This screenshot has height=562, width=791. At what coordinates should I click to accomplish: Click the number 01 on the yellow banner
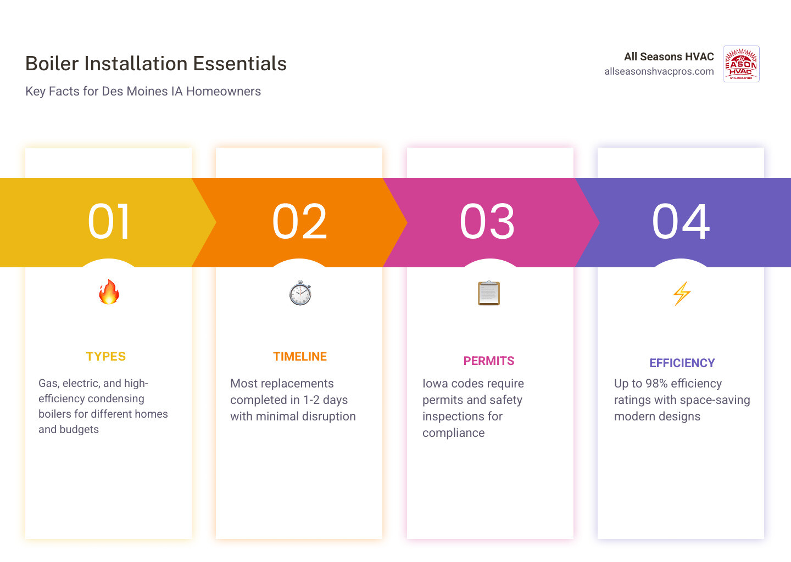[x=109, y=222]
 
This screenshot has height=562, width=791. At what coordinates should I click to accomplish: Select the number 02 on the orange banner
[x=299, y=222]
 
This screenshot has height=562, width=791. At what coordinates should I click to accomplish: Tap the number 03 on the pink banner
[x=487, y=222]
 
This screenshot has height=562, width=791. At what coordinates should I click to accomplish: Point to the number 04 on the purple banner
[x=681, y=222]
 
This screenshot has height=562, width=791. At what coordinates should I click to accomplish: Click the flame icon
[x=109, y=292]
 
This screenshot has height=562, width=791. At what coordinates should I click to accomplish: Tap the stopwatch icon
[x=300, y=293]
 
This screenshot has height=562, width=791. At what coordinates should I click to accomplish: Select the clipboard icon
[x=489, y=293]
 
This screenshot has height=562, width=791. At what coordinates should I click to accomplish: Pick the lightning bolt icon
[x=682, y=294]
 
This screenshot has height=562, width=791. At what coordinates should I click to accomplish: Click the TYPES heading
[x=106, y=357]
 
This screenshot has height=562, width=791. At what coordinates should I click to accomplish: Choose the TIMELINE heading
[x=300, y=357]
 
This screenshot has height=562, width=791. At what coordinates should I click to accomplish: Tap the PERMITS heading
[x=489, y=361]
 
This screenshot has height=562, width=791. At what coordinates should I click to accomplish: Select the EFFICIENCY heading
[x=682, y=363]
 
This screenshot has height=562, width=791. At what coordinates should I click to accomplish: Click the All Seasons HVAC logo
[x=741, y=64]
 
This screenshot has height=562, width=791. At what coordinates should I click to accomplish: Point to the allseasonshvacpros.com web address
[x=659, y=71]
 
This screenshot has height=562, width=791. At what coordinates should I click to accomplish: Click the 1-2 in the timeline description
[x=311, y=400]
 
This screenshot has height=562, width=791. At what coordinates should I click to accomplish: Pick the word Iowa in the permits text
[x=435, y=384]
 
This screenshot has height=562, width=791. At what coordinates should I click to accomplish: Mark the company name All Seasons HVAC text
[x=669, y=57]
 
